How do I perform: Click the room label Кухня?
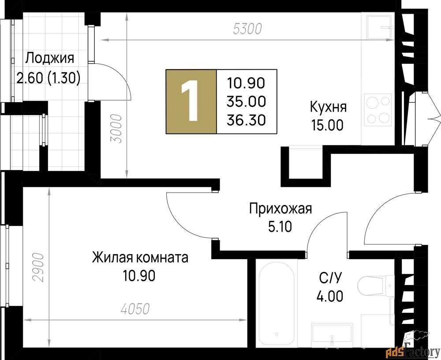click(328, 107)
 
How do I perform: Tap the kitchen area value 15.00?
click(327, 125)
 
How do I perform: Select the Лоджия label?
click(50, 59)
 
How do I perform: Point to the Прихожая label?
click(280, 209)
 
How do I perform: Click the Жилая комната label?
click(140, 257)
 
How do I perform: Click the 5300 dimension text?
click(247, 29)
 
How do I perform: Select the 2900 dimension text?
click(38, 267)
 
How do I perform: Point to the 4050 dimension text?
click(135, 309)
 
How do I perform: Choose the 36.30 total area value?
click(246, 120)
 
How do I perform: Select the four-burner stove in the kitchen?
click(378, 110)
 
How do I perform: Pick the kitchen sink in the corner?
click(380, 27)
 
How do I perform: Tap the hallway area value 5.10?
click(280, 227)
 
